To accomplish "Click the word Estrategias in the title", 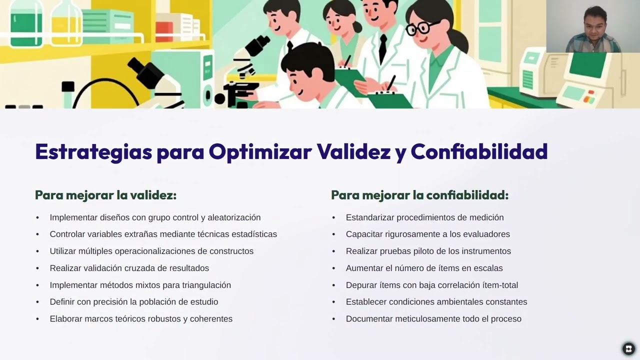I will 93,152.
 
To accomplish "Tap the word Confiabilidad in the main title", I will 479,152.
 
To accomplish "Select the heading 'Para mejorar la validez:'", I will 105,195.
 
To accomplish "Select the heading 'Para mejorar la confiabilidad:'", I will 419,195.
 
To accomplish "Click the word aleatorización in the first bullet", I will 234,217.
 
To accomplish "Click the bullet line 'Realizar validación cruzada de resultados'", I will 129,268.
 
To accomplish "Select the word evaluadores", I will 486,234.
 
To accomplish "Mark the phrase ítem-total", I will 498,285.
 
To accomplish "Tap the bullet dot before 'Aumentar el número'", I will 333,268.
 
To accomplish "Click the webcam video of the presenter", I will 593,26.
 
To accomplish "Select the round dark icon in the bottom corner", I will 628,348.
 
